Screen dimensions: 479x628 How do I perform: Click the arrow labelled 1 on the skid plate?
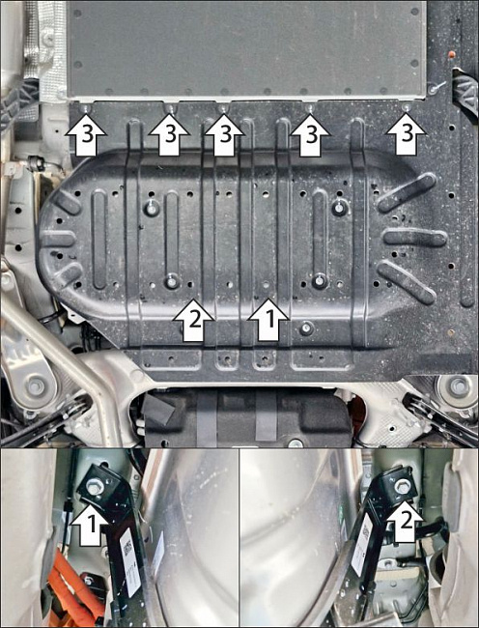pos(268,320)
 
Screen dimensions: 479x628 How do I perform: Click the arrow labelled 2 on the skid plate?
pos(194,320)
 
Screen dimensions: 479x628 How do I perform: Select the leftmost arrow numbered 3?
pos(86,135)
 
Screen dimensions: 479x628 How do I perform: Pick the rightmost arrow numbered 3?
pos(406,134)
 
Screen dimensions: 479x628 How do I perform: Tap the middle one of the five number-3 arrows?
pos(224,135)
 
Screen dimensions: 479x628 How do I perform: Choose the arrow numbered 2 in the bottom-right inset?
pos(405,520)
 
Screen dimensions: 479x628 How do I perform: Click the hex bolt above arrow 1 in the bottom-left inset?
pos(95,487)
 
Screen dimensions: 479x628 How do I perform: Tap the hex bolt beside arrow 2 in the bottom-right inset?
pos(402,486)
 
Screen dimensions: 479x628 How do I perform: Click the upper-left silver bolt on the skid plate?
pos(151,208)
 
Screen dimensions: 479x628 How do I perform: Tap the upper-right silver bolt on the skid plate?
pos(339,208)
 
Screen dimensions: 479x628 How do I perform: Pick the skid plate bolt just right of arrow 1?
pos(306,328)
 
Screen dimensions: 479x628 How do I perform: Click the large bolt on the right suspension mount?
pos(457,386)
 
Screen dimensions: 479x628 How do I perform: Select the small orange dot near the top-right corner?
pos(451,54)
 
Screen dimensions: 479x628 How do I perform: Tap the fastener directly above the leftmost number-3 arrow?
pos(85,108)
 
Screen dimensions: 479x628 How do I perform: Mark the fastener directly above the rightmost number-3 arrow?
pos(407,107)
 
